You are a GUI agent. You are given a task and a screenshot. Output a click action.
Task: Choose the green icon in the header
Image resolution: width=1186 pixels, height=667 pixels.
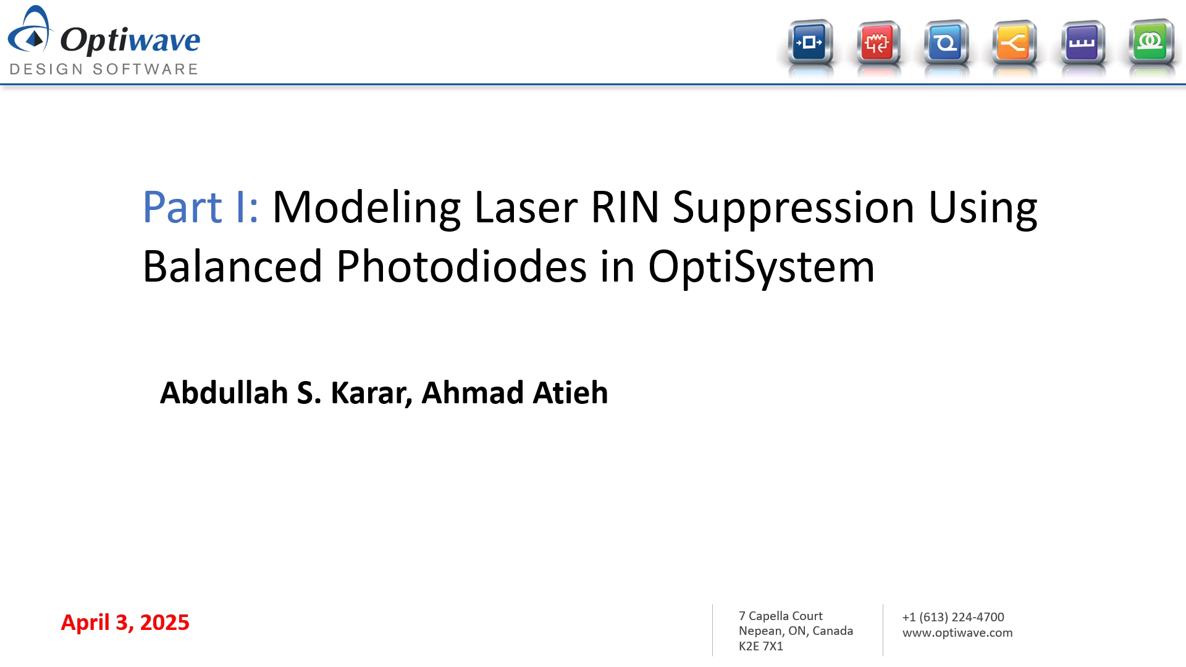coord(1150,42)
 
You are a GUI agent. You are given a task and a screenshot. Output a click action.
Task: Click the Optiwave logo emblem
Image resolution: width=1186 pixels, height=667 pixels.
coord(31,31)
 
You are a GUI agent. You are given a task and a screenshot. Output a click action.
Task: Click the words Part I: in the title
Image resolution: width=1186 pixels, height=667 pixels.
coord(200,207)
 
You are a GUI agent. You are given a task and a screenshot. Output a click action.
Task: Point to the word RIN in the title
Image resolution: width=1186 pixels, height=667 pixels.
coord(625,207)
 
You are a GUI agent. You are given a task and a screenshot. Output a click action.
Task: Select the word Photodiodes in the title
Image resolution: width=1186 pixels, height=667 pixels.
coord(461,267)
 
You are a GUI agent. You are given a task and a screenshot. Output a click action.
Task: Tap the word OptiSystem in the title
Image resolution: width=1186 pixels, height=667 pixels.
coord(761,267)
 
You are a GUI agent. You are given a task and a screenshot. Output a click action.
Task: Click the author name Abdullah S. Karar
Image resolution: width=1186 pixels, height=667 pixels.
coord(286,393)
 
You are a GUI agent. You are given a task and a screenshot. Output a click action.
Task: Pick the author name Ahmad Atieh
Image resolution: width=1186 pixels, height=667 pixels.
coord(515,393)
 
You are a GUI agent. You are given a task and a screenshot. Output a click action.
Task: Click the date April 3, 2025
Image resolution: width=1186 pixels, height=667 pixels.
coord(125,623)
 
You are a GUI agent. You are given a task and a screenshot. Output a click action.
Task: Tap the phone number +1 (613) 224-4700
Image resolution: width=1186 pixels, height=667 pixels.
coord(953,617)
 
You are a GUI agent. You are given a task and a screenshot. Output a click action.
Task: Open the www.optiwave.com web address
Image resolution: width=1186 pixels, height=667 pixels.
coord(957,632)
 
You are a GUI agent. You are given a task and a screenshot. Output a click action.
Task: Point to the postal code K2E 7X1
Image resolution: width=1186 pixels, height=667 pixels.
coord(761,647)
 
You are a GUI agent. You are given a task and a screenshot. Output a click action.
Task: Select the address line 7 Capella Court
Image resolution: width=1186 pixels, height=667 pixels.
coord(781,616)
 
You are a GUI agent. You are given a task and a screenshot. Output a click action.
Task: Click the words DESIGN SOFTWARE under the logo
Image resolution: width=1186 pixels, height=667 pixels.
coord(104,69)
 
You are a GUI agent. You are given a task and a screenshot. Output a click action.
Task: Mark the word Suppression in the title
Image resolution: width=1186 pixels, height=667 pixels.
coord(793,207)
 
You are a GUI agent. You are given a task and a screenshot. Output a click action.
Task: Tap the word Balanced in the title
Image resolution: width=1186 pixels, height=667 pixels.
coord(232,267)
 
